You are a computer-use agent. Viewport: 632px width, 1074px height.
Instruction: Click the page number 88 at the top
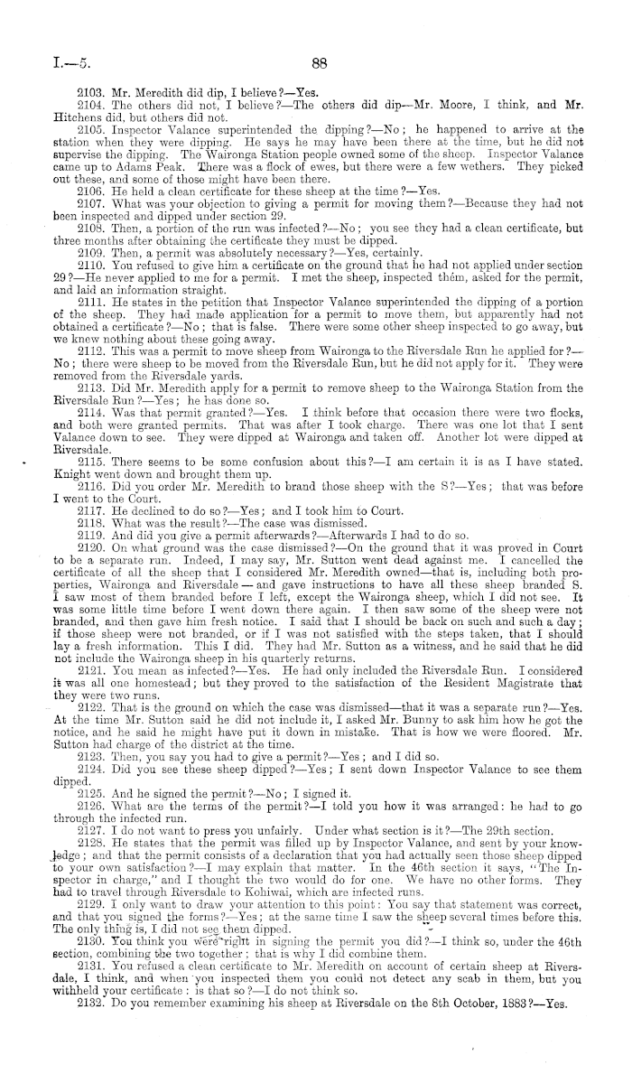pos(317,64)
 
